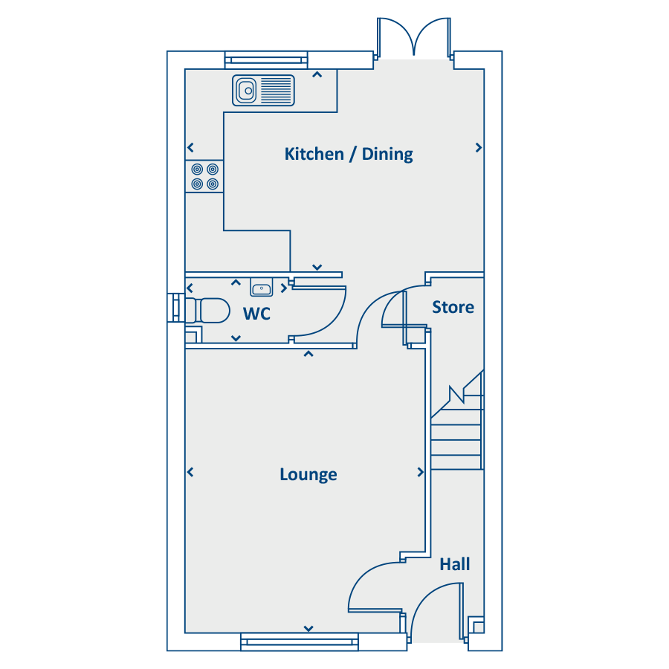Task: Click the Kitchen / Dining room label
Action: pos(349,155)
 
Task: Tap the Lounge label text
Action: pos(308,474)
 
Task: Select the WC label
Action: pos(256,314)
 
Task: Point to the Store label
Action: pos(453,307)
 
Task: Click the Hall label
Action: pos(455,564)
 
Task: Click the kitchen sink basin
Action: pos(247,91)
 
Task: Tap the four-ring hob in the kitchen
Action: pos(205,176)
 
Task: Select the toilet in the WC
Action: pos(208,310)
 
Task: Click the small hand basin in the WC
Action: pos(261,288)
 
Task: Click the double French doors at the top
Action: pos(414,39)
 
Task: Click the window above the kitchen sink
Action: pos(266,59)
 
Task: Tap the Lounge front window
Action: pos(300,641)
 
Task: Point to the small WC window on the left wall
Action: pos(175,308)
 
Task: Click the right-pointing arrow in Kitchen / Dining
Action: pos(479,148)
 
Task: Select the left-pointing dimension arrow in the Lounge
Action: pos(190,472)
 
